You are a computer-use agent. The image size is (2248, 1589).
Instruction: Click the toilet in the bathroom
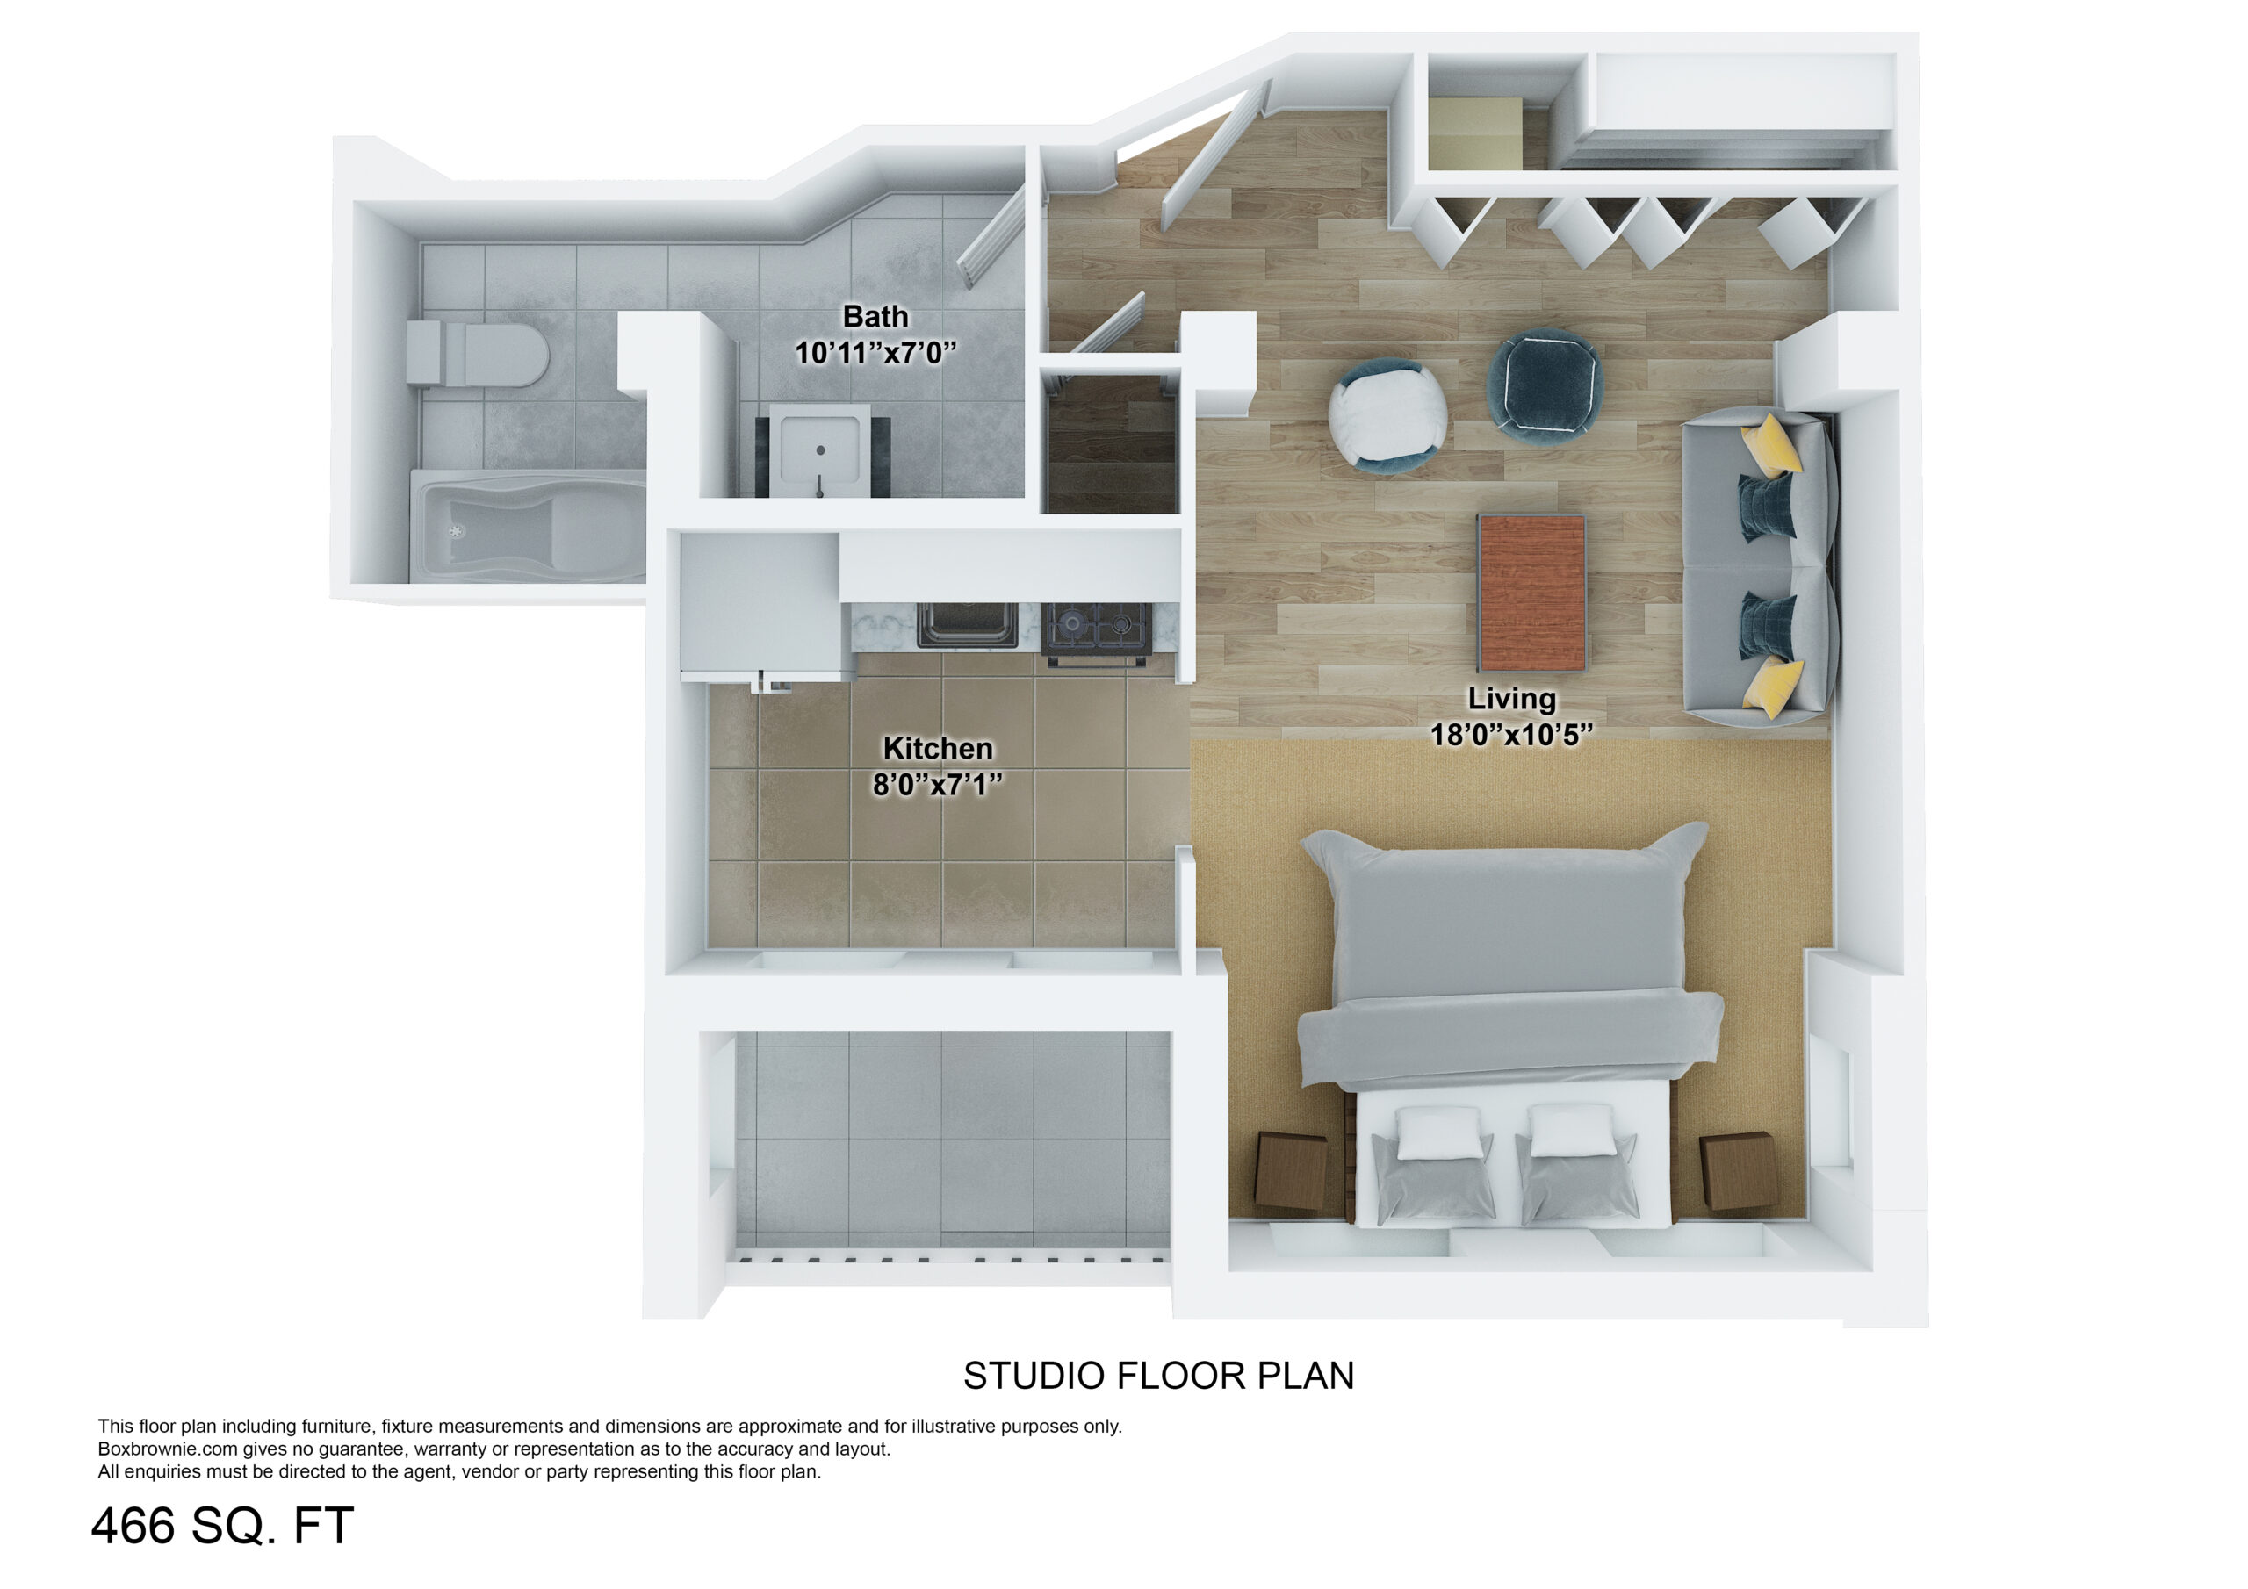(477, 354)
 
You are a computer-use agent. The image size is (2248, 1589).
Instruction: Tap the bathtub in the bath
(529, 527)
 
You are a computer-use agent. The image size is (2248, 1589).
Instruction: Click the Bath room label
(875, 317)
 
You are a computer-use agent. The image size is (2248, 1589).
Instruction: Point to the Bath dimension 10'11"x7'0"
(875, 352)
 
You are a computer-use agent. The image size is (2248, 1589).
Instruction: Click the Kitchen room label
(938, 748)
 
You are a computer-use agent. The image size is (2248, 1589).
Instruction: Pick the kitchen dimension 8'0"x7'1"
(938, 784)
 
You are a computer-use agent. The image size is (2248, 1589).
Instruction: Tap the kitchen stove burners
(1097, 629)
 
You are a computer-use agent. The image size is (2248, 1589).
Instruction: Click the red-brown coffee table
(1532, 593)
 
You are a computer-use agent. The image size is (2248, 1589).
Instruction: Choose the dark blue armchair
(1545, 387)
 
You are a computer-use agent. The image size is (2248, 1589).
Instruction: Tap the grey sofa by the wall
(1760, 568)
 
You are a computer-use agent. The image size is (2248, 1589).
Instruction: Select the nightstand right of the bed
(1738, 1172)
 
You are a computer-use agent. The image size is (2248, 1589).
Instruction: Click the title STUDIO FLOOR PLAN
(1158, 1376)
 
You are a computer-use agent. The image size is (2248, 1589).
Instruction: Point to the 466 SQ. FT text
(222, 1526)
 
